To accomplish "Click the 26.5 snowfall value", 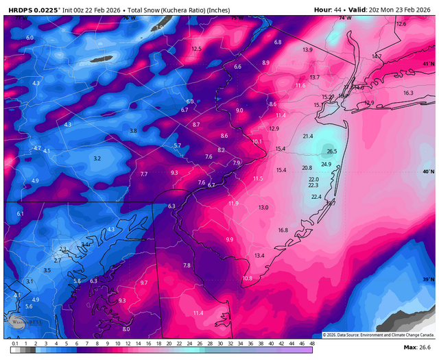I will pos(332,152).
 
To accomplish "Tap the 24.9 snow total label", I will pos(326,164).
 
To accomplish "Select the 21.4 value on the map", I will pos(308,136).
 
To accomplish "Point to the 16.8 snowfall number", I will pos(283,230).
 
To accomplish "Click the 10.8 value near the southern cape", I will pos(248,278).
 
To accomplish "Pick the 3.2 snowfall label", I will pos(97,158).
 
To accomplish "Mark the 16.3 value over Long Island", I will pos(408,93).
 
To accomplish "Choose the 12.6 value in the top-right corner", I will pos(401,24).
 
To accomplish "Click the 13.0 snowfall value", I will pos(263,207).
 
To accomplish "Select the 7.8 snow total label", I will pos(186,265).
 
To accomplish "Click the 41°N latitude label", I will pos(429,63).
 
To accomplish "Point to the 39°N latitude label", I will pos(429,280).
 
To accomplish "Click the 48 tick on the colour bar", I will pos(312,343).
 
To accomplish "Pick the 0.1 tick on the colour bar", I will pos(14,343).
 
